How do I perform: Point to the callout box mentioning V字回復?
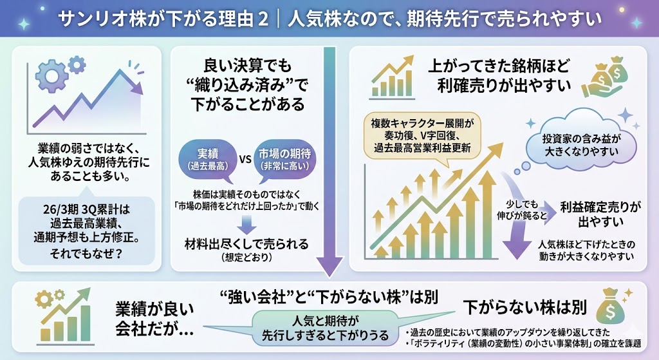coord(422,135)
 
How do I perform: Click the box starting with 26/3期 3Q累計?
coord(87,231)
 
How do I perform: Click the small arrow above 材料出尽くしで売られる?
coord(246,223)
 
